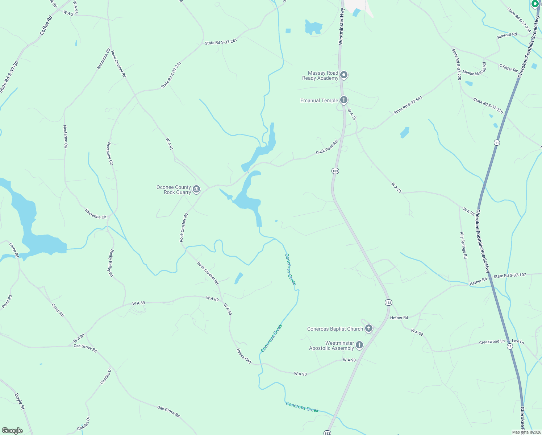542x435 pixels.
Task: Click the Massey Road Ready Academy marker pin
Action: click(x=344, y=75)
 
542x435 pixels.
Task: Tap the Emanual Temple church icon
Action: click(x=344, y=100)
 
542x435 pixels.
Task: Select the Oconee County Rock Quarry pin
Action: click(x=196, y=189)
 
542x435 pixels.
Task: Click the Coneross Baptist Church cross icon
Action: click(x=368, y=329)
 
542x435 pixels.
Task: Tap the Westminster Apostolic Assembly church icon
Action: click(x=359, y=345)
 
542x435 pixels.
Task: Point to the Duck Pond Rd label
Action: click(x=326, y=147)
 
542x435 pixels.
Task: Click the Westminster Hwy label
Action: click(x=341, y=27)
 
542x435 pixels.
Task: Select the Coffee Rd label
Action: click(x=46, y=25)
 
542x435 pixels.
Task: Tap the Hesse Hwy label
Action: click(x=244, y=356)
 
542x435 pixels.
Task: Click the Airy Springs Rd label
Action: click(x=463, y=245)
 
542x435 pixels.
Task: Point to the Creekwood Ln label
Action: click(x=492, y=342)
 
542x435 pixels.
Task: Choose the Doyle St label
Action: click(x=20, y=402)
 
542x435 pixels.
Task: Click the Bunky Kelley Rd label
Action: click(x=111, y=263)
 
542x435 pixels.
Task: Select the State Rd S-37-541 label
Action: click(x=408, y=105)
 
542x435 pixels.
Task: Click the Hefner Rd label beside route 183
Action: click(x=399, y=318)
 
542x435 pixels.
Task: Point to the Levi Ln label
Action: click(x=518, y=341)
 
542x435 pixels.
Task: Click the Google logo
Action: click(x=12, y=431)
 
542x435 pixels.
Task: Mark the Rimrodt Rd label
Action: click(x=507, y=35)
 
